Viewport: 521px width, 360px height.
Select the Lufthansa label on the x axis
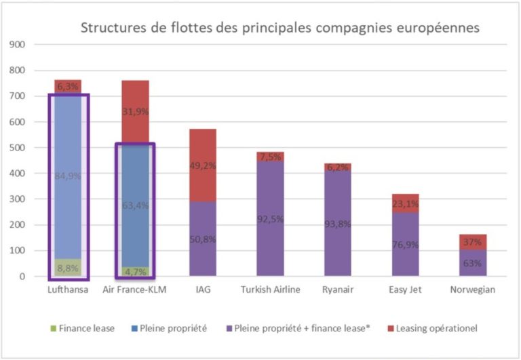click(x=68, y=290)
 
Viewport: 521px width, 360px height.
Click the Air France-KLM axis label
click(x=135, y=290)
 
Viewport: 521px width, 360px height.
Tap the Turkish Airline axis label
click(x=270, y=290)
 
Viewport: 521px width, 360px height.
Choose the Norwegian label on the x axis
click(x=472, y=290)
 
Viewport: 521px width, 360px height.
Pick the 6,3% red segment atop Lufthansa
click(x=68, y=87)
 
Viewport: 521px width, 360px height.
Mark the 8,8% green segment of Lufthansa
click(x=68, y=268)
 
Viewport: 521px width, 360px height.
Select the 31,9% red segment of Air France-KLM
click(x=135, y=112)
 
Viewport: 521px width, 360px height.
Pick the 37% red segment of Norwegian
click(x=472, y=242)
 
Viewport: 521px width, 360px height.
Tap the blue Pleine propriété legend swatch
click(x=157, y=329)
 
